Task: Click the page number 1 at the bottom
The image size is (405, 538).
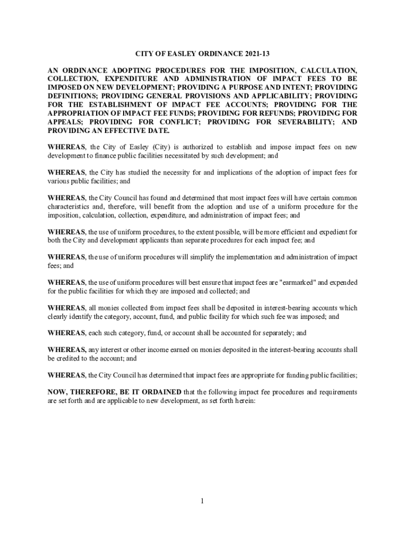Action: pos(202,501)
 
